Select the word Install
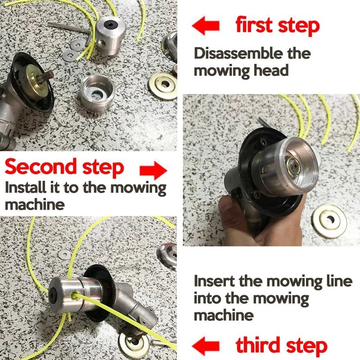(x=25, y=188)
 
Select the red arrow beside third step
(x=206, y=346)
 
